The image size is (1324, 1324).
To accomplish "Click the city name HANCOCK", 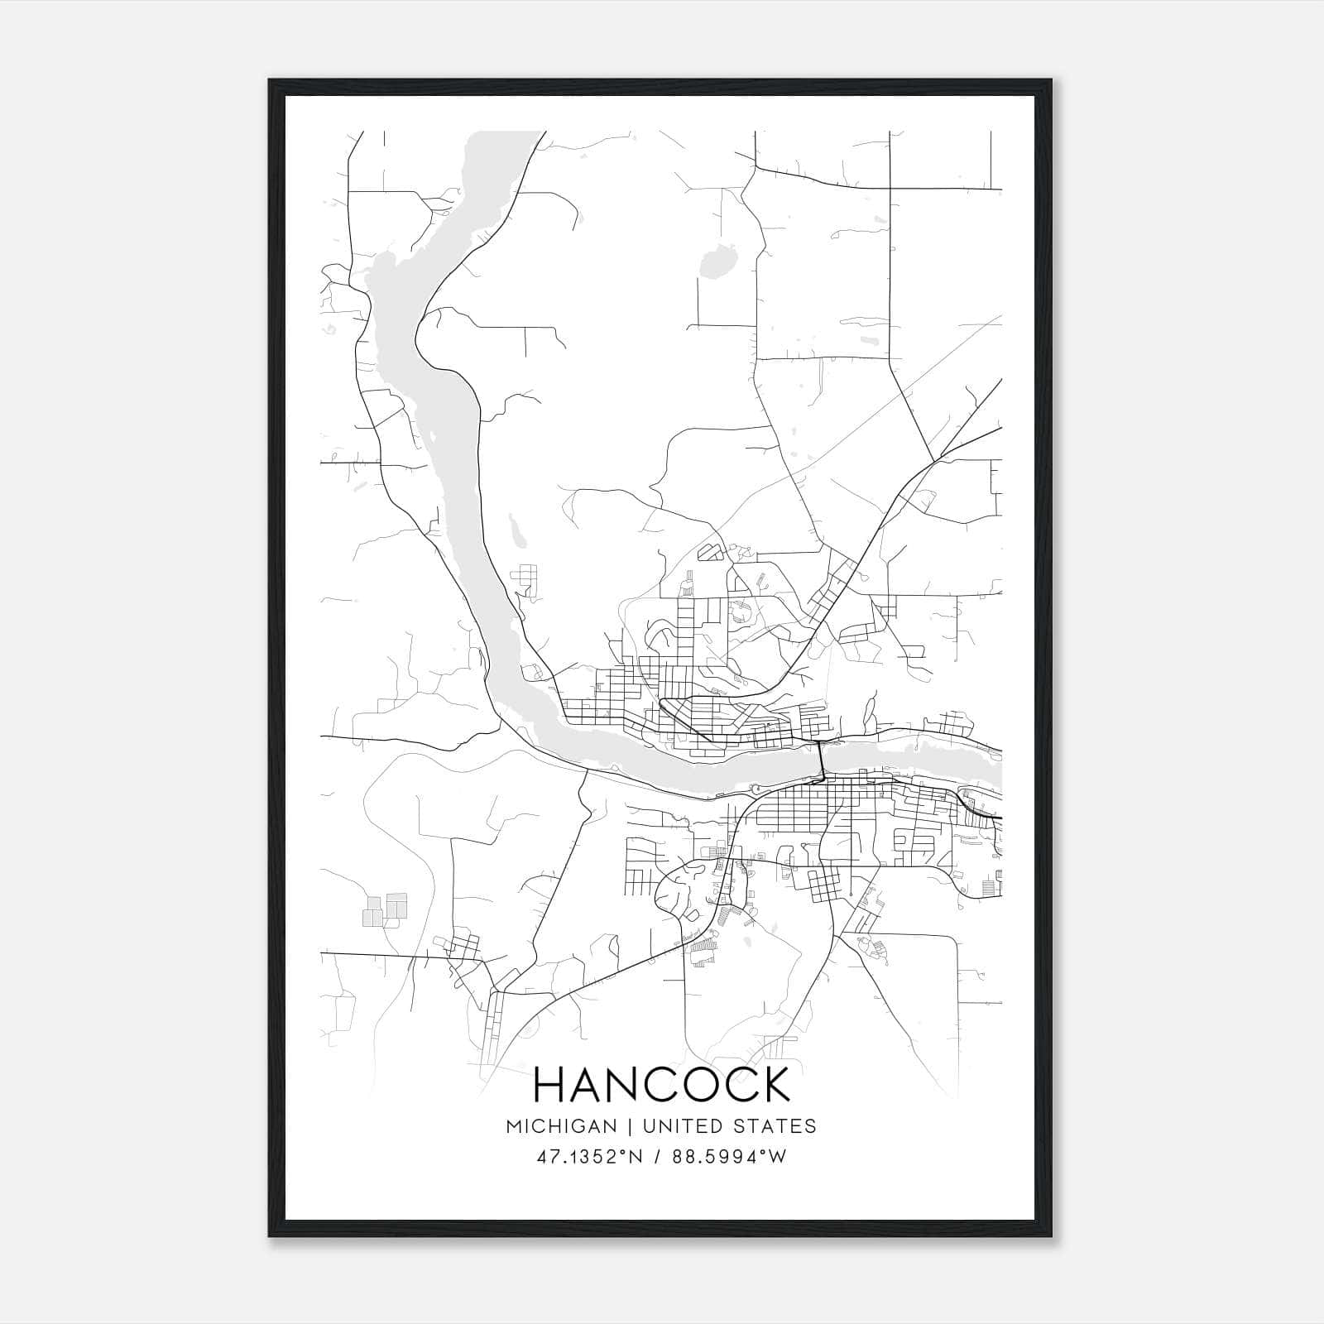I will click(x=662, y=1085).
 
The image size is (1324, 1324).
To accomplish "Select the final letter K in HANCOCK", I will click(x=774, y=1085).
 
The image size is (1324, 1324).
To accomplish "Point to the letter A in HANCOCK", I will click(x=589, y=1085).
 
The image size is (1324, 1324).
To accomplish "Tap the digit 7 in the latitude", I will click(x=551, y=1157).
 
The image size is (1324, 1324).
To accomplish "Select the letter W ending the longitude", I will click(x=778, y=1157).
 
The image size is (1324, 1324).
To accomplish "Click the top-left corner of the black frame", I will click(x=269, y=79).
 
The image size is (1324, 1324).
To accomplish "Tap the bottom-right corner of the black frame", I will click(x=1051, y=1236).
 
